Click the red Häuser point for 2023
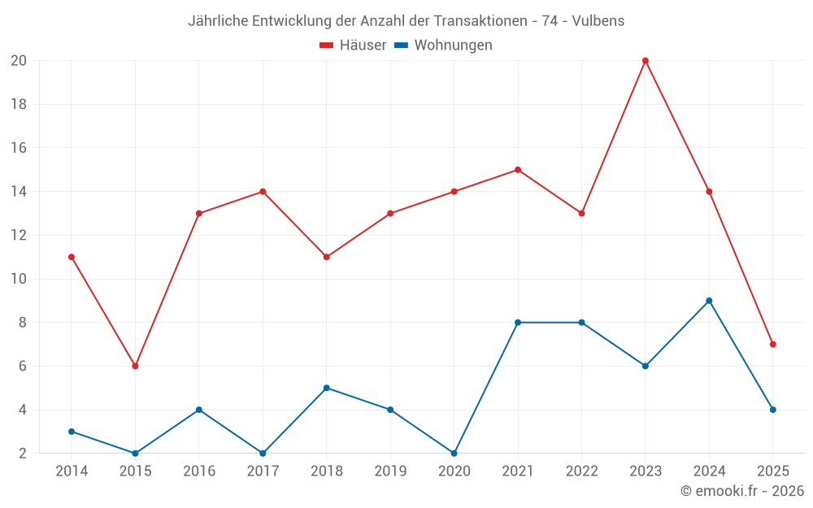646,61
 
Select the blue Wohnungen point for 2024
709,301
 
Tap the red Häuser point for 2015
135,366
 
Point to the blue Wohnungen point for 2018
327,388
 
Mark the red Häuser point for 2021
518,170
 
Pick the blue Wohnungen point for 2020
454,453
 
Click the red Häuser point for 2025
772,344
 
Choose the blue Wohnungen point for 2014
72,432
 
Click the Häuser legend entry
353,46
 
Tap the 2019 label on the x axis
390,471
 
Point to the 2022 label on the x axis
581,471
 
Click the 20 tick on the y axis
19,61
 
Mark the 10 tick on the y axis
19,279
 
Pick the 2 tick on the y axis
22,453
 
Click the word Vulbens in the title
599,21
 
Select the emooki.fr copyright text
742,491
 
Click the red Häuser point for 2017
263,192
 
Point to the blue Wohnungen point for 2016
199,410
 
